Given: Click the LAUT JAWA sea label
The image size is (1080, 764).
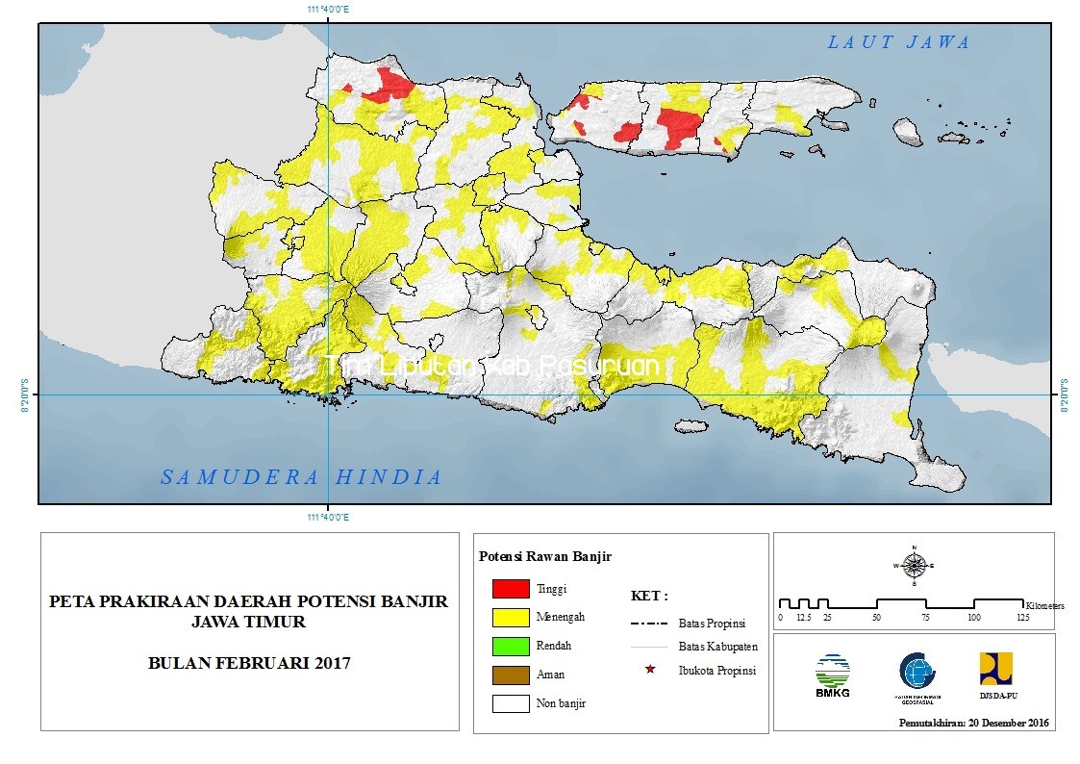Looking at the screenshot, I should click(899, 42).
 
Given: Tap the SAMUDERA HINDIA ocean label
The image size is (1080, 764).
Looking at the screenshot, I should click(301, 477).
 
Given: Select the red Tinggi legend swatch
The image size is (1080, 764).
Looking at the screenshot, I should click(511, 589).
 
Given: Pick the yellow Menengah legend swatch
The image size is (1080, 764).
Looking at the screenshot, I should click(511, 617).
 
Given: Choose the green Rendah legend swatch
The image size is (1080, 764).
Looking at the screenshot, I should click(511, 646).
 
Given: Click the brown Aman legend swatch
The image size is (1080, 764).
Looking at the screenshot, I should click(511, 675).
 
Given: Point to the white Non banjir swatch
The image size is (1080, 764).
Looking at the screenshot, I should click(511, 703).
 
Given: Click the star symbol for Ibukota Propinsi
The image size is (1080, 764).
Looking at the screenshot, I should click(650, 669).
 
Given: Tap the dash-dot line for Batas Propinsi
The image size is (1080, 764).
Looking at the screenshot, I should click(650, 623).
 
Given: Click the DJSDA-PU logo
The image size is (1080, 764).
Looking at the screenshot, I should click(995, 674).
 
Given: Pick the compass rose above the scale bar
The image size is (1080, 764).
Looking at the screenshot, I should click(915, 565).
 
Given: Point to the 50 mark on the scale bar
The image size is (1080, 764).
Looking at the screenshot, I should click(876, 616).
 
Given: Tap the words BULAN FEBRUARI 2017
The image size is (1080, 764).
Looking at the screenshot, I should click(249, 663).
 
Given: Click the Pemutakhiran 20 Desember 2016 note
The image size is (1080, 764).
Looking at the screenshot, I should click(974, 723).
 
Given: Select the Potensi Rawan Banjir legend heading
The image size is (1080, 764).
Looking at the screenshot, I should click(544, 556).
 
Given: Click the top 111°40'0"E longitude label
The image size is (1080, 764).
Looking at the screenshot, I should click(328, 9).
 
